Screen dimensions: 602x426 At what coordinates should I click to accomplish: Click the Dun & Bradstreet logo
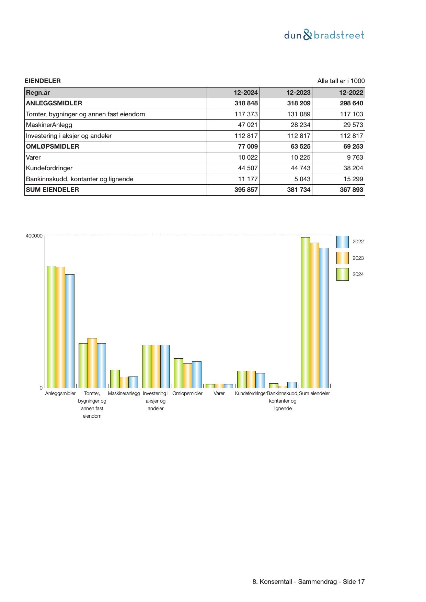point(324,35)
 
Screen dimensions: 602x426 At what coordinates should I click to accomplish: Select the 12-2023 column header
point(298,93)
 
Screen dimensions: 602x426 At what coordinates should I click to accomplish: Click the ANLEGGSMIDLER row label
point(54,103)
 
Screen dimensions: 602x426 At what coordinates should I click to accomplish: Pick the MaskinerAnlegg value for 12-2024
point(247,125)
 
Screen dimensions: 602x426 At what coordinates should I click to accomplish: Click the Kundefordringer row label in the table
point(49,168)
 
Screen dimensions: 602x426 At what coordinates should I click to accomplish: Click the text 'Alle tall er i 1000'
point(341,81)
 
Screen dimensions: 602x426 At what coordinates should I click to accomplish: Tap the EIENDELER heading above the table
point(43,81)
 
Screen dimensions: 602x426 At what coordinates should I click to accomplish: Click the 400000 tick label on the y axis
point(34,236)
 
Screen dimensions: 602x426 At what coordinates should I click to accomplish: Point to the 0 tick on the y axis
point(41,388)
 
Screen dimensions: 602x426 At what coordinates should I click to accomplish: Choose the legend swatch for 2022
point(342,242)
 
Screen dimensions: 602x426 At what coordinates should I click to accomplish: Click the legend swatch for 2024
point(342,275)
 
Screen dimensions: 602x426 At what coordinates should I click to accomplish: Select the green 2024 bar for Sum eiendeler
point(306,312)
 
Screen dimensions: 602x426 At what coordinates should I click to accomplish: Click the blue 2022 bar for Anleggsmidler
point(70,331)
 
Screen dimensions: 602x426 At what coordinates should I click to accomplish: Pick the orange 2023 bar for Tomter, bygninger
point(92,363)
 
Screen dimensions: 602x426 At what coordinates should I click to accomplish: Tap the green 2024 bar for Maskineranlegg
point(115,379)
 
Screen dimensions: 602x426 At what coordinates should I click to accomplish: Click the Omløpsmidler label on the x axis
point(187,393)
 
